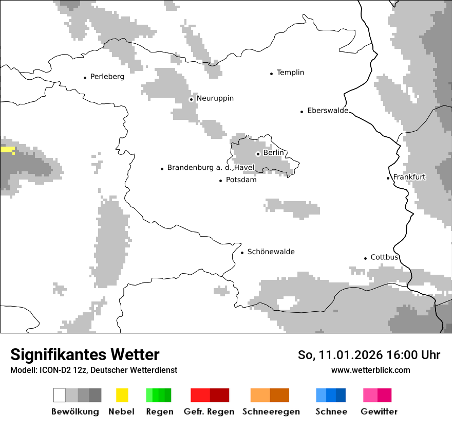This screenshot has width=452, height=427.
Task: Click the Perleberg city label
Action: click(107, 77)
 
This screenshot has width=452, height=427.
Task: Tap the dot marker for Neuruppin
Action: click(191, 99)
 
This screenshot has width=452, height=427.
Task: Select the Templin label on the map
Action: click(290, 73)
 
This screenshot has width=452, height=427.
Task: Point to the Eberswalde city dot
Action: click(302, 111)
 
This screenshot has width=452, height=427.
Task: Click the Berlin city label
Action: click(273, 153)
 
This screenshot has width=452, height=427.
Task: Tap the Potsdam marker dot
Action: click(221, 181)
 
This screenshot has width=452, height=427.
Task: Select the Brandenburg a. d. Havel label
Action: click(211, 168)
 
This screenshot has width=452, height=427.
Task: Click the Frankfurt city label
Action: click(409, 177)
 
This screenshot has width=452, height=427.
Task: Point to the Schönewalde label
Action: click(271, 252)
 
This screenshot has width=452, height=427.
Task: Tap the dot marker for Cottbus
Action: click(366, 258)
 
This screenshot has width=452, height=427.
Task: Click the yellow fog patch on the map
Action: click(8, 150)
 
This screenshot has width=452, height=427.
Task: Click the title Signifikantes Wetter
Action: click(85, 354)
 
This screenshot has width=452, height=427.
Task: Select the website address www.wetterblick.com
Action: click(370, 370)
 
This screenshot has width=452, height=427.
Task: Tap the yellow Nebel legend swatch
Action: click(122, 395)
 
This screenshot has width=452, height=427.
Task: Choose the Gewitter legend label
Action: click(379, 412)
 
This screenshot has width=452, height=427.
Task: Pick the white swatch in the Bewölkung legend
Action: click(60, 395)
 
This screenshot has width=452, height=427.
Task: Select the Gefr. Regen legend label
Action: click(209, 412)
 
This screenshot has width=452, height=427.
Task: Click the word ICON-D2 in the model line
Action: click(53, 370)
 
